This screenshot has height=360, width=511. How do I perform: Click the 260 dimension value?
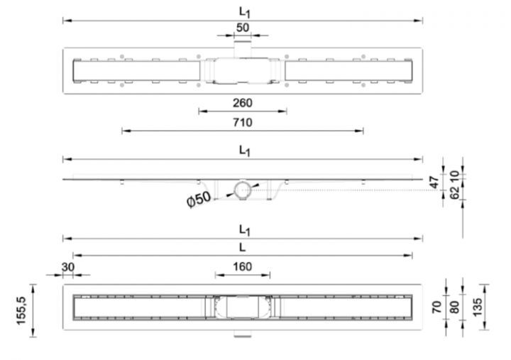tap(243, 103)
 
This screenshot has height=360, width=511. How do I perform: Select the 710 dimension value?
tap(243, 122)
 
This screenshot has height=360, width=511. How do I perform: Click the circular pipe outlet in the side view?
tap(243, 190)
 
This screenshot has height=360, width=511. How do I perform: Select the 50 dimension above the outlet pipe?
tap(243, 27)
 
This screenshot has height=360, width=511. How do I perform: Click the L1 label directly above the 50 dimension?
tap(243, 12)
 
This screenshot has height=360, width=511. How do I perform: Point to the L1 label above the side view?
tap(243, 150)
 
